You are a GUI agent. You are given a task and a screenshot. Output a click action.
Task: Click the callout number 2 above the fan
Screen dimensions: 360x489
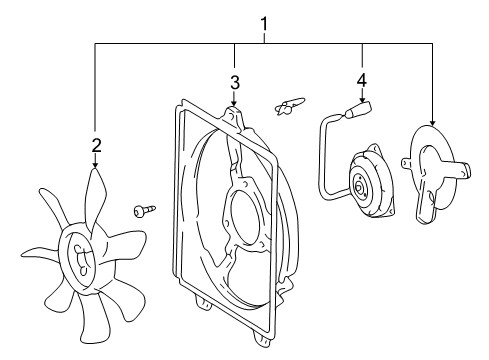click(96, 146)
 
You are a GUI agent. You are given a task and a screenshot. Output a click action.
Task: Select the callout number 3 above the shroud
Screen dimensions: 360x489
click(234, 82)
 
